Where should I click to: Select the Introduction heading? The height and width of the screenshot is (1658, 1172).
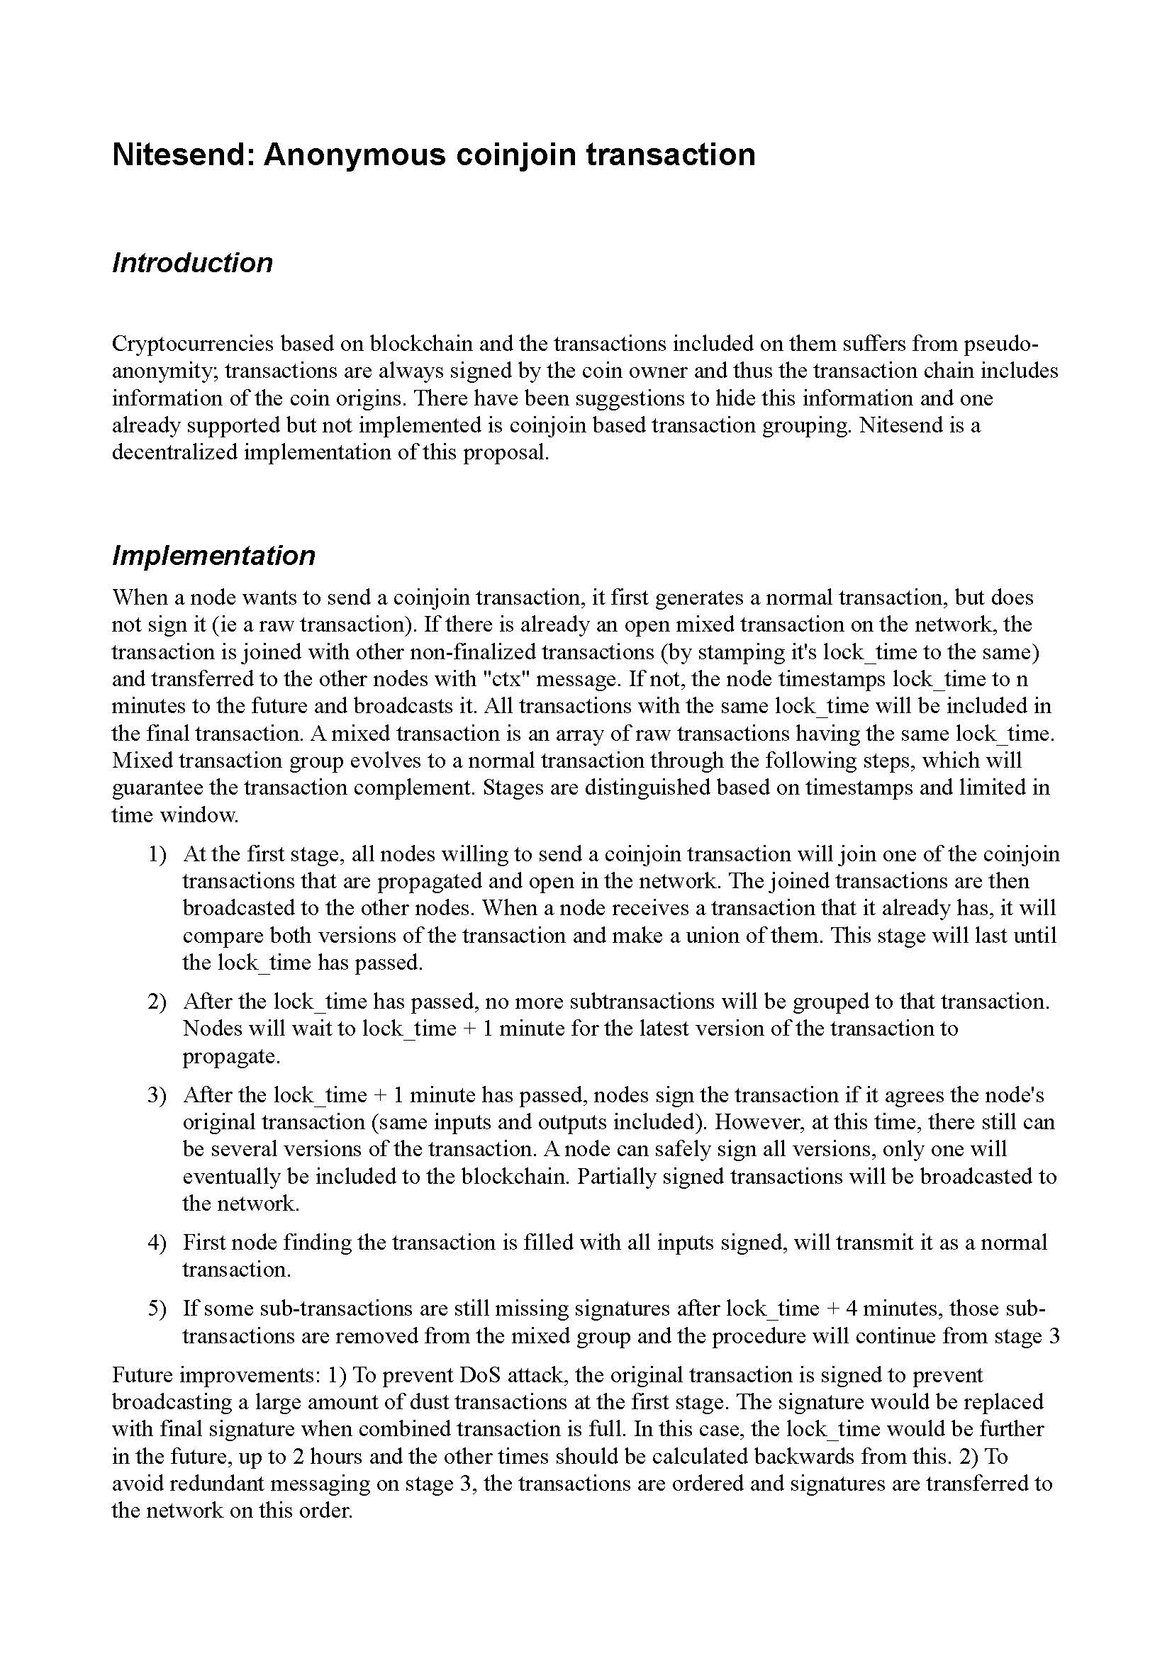point(192,263)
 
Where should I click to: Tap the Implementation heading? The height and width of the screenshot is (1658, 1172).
point(213,555)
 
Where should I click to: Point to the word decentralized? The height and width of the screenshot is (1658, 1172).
point(174,453)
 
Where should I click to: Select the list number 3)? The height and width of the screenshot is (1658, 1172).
point(157,1094)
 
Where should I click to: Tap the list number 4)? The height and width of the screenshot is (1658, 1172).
point(157,1242)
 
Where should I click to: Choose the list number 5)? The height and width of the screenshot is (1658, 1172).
point(157,1309)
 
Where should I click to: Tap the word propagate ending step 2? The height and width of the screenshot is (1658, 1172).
point(230,1056)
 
